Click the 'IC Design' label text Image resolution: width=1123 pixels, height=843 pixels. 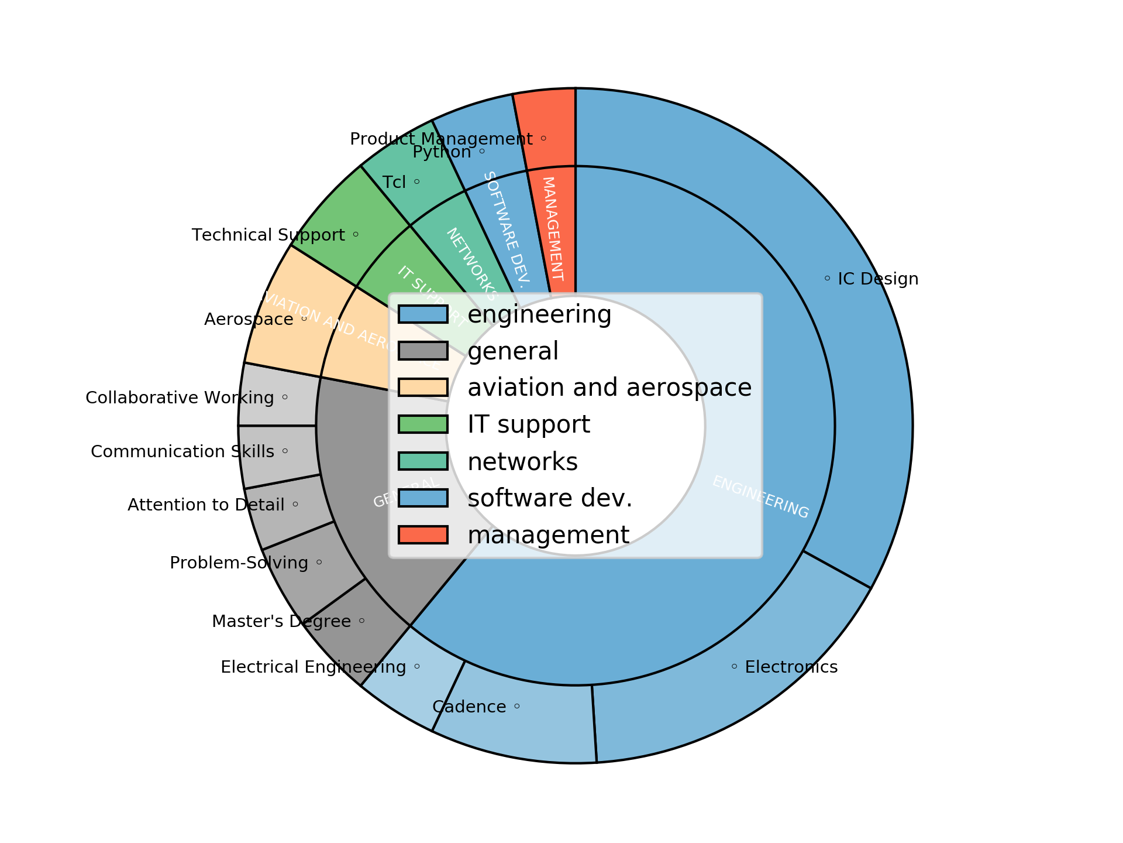[x=877, y=279]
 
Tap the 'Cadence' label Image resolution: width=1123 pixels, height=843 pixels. [x=469, y=707]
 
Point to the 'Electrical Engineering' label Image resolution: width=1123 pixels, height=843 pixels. [x=313, y=667]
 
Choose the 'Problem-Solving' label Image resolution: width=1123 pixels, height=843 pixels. [x=239, y=563]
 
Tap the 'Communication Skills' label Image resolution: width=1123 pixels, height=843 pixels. [x=182, y=452]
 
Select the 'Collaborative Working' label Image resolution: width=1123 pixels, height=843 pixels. [x=180, y=398]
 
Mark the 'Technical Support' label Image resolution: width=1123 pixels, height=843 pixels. [x=268, y=235]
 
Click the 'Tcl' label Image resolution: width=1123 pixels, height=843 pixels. [x=394, y=183]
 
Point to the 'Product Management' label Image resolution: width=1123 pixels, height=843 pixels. [x=441, y=139]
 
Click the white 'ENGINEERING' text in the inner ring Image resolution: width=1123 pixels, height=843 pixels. [x=760, y=497]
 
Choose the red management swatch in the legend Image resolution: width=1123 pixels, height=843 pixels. [x=423, y=535]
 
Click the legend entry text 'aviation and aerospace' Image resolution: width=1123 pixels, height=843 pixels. [x=609, y=388]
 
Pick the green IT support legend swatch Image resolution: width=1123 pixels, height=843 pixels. [x=423, y=424]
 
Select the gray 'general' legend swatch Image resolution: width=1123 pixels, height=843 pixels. [x=423, y=351]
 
